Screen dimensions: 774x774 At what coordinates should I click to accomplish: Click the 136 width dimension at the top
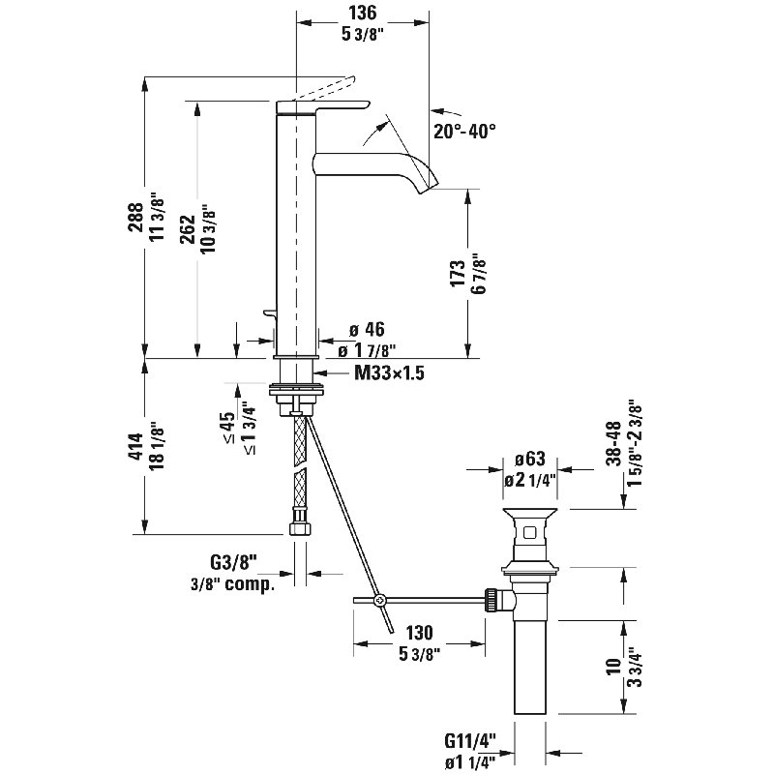click(x=363, y=13)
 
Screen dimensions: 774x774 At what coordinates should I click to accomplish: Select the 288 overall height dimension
click(x=135, y=217)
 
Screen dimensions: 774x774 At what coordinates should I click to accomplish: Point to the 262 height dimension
click(x=188, y=229)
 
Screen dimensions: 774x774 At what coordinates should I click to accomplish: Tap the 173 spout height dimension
click(x=458, y=273)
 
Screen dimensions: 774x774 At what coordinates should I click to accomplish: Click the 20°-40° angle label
click(x=464, y=131)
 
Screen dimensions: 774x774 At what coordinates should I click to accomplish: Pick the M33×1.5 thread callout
click(x=390, y=373)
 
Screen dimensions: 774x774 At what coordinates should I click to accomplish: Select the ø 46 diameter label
click(x=367, y=329)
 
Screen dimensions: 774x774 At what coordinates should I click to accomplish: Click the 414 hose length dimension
click(x=135, y=447)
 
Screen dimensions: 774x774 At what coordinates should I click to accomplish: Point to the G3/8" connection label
click(x=234, y=562)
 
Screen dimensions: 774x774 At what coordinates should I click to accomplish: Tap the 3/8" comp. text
click(x=232, y=584)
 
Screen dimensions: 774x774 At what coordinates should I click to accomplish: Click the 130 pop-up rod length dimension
click(x=419, y=633)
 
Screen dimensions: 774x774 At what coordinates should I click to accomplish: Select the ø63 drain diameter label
click(x=529, y=459)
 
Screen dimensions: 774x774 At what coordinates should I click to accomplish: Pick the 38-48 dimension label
click(x=613, y=443)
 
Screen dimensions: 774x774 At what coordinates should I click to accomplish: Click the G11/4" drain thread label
click(x=470, y=740)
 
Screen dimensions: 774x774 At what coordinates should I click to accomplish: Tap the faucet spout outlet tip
click(x=429, y=188)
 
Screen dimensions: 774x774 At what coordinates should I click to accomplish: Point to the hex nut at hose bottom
click(x=299, y=527)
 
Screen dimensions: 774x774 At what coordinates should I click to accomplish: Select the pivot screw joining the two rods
click(x=379, y=600)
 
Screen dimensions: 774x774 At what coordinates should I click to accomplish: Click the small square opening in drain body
click(x=529, y=533)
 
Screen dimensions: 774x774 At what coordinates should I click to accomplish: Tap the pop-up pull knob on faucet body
click(x=270, y=313)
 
